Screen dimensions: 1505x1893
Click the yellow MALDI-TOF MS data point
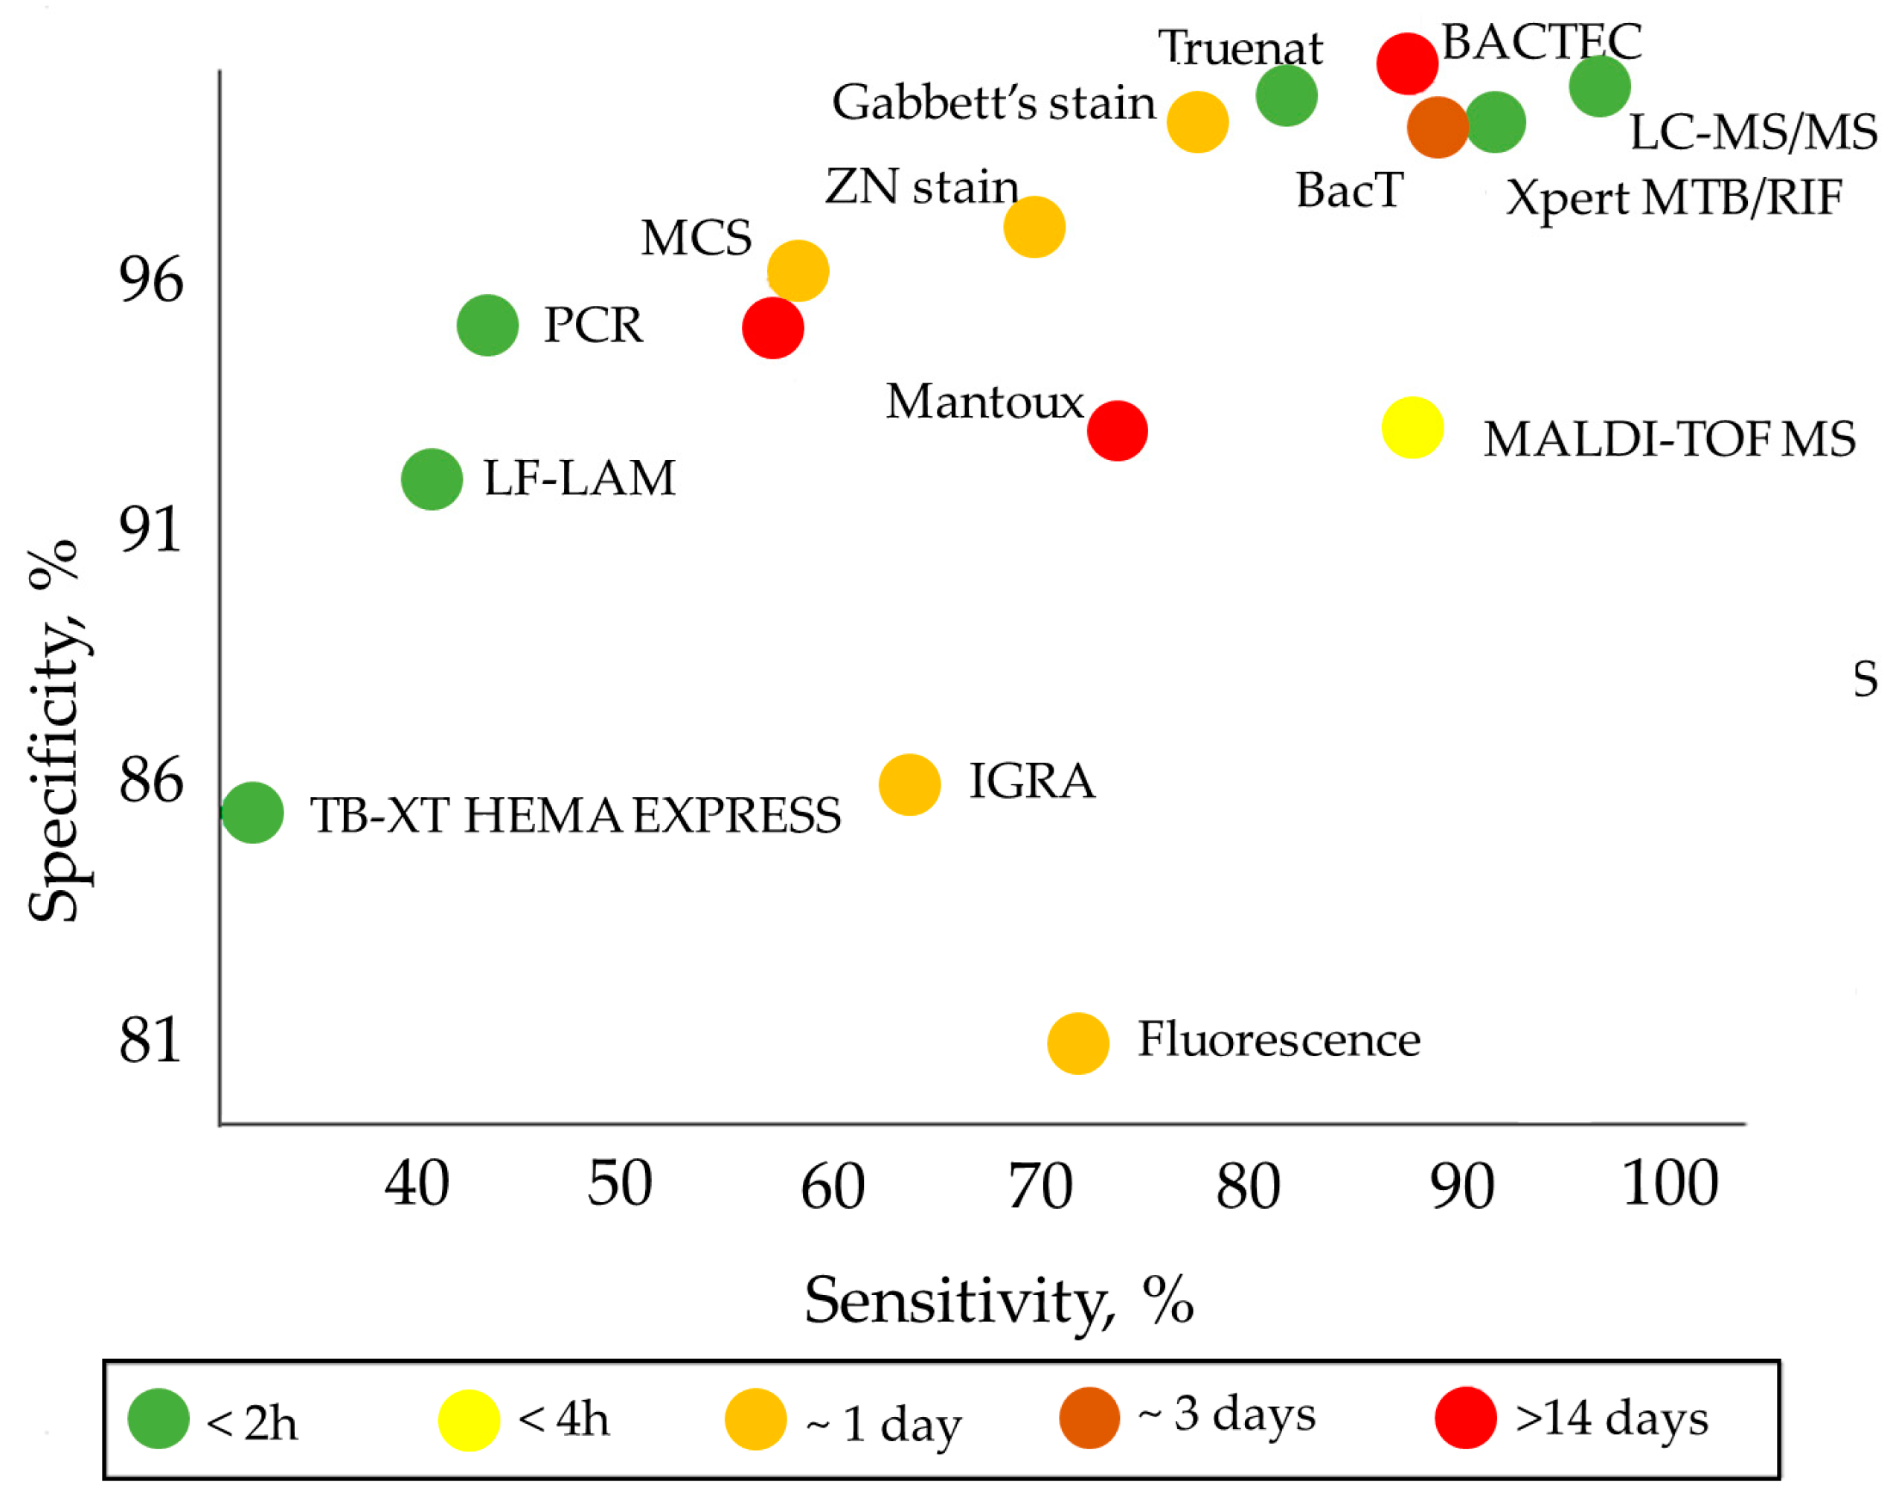click(1412, 428)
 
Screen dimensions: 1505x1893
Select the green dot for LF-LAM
click(432, 479)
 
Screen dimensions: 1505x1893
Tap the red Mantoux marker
click(1117, 431)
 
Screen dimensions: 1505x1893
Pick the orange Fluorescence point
click(1078, 1043)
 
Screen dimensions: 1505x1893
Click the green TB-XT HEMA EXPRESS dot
click(253, 812)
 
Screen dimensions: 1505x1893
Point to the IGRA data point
click(909, 784)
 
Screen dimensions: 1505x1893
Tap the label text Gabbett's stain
click(993, 103)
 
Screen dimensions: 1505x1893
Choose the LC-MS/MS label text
click(1752, 133)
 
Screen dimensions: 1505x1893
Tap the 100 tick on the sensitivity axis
click(1669, 1183)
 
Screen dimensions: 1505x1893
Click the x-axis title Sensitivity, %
click(999, 1301)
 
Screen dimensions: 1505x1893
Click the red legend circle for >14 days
click(1465, 1418)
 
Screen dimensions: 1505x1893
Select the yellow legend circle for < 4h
click(469, 1421)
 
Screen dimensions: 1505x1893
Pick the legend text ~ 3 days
click(1226, 1413)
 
